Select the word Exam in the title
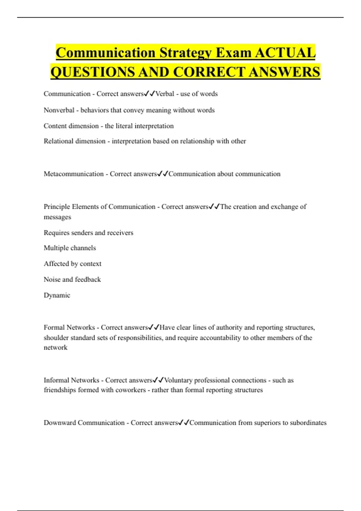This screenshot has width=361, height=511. click(233, 53)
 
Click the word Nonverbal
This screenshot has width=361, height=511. click(59, 110)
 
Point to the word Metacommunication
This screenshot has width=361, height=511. click(74, 174)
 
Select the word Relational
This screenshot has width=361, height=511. click(59, 141)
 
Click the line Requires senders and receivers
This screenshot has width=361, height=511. click(88, 233)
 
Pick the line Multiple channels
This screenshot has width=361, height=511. click(70, 248)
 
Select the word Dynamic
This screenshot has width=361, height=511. click(57, 295)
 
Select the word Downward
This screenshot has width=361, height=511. click(60, 423)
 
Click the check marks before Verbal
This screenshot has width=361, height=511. click(150, 94)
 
